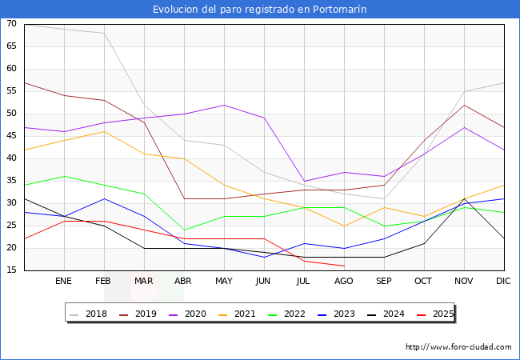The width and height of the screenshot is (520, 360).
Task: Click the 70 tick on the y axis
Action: (11, 24)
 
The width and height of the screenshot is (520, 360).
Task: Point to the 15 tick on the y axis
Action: (11, 270)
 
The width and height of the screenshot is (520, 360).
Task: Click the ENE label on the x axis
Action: (64, 282)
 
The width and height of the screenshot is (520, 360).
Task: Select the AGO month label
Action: (344, 282)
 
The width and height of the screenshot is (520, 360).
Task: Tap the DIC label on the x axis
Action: (503, 282)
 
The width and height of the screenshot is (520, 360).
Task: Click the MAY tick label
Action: (224, 282)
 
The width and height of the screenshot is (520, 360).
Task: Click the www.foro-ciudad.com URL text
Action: (458, 347)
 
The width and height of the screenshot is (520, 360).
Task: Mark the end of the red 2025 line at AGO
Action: (344, 266)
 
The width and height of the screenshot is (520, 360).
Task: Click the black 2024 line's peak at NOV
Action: (464, 199)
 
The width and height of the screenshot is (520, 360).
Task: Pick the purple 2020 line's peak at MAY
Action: (224, 105)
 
